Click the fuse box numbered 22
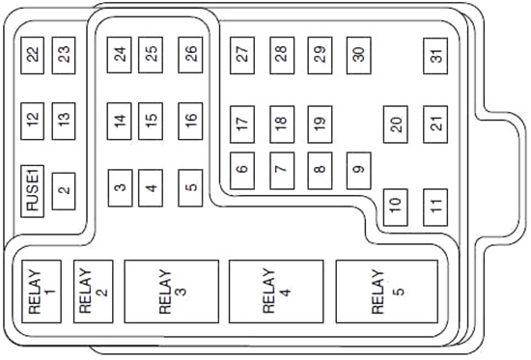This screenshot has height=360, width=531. pyautogui.click(x=33, y=56)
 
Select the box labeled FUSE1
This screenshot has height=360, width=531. pyautogui.click(x=33, y=191)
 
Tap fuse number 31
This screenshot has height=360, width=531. pyautogui.click(x=435, y=56)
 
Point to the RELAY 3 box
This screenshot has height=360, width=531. pyautogui.click(x=172, y=291)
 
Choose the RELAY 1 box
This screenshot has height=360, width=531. pyautogui.click(x=42, y=291)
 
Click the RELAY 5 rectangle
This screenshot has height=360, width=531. pyautogui.click(x=387, y=291)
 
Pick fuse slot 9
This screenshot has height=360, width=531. pyautogui.click(x=359, y=171)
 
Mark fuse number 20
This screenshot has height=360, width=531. pyautogui.click(x=396, y=125)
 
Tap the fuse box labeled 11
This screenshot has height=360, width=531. pyautogui.click(x=435, y=208)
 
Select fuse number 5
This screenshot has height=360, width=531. pyautogui.click(x=190, y=188)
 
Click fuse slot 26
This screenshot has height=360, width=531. pyautogui.click(x=190, y=55)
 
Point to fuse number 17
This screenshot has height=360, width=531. pyautogui.click(x=242, y=125)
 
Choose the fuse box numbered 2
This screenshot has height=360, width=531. pyautogui.click(x=64, y=191)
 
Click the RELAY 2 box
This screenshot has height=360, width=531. pyautogui.click(x=93, y=291)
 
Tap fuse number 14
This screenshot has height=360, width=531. pyautogui.click(x=120, y=122)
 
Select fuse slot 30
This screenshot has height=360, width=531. pyautogui.click(x=359, y=56)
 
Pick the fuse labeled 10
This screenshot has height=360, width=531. pyautogui.click(x=396, y=208)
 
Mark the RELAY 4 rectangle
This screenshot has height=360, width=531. pyautogui.click(x=276, y=291)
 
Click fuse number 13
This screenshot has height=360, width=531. pyautogui.click(x=64, y=122)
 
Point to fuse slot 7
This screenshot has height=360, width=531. pyautogui.click(x=282, y=171)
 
